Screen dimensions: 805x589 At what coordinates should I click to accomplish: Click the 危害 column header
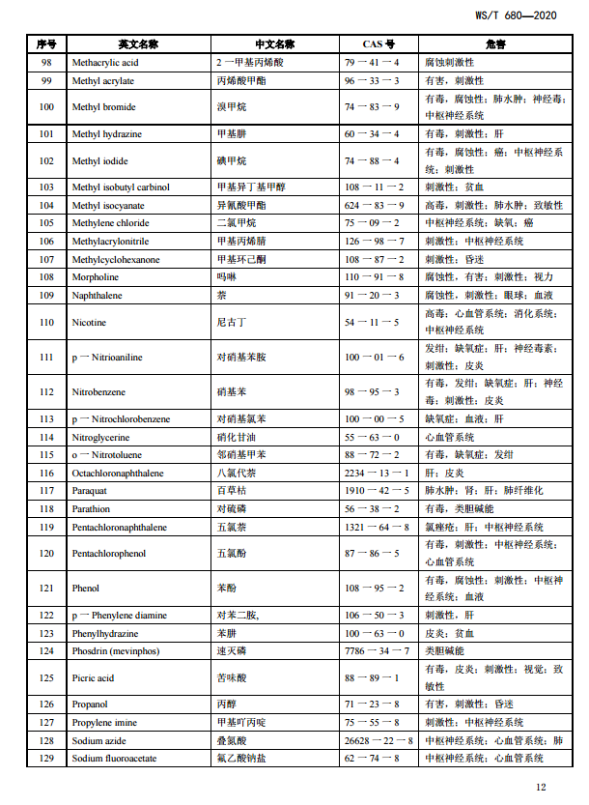[x=495, y=44]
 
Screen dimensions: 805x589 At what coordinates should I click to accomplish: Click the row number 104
[x=46, y=206]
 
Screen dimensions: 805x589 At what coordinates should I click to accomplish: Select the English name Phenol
[x=86, y=589]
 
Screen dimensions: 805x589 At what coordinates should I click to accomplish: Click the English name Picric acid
[x=94, y=678]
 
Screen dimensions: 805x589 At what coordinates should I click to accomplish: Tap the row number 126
[x=46, y=705]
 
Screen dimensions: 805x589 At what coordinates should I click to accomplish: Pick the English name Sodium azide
[x=100, y=741]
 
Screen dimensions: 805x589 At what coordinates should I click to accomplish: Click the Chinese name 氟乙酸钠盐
[x=239, y=759]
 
